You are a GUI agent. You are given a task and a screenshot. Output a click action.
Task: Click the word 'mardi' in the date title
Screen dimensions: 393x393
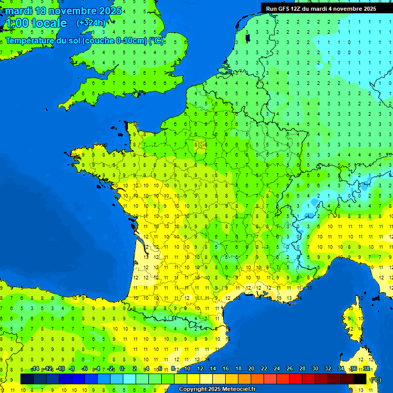click(x=19, y=10)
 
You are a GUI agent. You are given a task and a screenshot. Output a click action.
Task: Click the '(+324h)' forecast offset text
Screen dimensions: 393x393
click(x=91, y=23)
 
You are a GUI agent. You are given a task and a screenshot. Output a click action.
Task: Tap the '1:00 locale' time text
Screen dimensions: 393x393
click(x=36, y=23)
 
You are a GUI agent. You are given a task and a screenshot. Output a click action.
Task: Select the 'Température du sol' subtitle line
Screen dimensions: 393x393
click(x=84, y=41)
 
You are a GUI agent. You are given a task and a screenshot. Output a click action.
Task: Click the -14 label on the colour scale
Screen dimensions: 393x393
click(x=35, y=369)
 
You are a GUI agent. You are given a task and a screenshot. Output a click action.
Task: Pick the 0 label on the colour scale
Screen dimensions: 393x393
click(x=122, y=369)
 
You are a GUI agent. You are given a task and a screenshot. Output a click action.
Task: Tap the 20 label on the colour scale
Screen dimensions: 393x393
click(x=251, y=369)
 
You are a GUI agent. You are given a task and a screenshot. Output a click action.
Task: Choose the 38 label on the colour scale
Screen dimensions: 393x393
click(x=366, y=369)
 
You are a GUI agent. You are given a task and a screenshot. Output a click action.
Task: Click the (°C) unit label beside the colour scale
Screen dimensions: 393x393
click(x=376, y=380)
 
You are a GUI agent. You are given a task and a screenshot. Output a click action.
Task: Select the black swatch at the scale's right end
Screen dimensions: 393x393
click(x=360, y=379)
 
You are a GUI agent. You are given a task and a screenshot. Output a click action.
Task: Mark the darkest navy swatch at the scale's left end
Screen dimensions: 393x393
click(x=27, y=379)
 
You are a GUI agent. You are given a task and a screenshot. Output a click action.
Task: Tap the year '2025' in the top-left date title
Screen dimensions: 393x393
click(x=110, y=10)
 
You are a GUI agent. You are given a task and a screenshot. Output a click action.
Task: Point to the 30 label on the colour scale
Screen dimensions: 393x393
click(x=315, y=369)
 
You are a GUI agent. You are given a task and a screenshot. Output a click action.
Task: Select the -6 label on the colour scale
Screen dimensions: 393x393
click(x=84, y=369)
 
